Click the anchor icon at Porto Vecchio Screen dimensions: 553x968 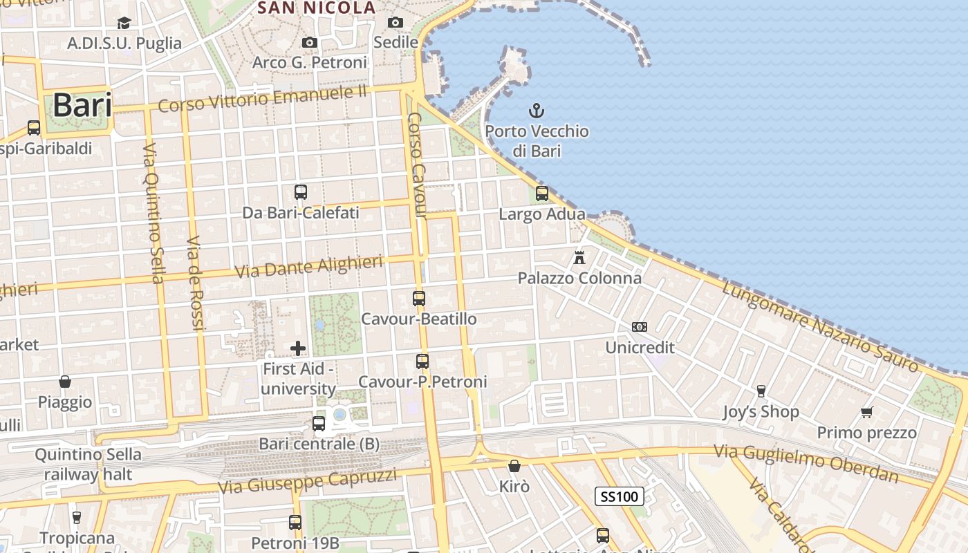click(537, 111)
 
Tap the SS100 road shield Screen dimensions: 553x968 click(620, 496)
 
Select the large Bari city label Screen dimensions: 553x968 click(82, 106)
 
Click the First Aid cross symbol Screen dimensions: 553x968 click(298, 348)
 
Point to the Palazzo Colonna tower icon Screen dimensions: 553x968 click(579, 258)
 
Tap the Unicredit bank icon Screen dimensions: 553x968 click(640, 327)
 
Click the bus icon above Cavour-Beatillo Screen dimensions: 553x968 click(419, 299)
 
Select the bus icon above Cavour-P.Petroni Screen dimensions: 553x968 click(422, 361)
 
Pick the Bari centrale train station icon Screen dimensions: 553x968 click(319, 423)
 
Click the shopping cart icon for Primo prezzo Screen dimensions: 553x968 click(867, 413)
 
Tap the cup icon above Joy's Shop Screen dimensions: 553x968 click(761, 391)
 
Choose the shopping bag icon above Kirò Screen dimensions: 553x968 click(514, 466)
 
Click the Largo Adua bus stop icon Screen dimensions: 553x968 click(542, 194)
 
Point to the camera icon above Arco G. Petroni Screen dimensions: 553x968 click(310, 43)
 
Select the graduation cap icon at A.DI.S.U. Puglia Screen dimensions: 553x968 click(124, 24)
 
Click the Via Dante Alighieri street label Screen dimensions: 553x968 click(309, 267)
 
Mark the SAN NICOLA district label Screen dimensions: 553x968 click(317, 8)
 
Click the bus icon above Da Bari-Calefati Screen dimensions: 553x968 click(301, 192)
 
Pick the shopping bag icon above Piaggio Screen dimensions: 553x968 click(65, 382)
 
